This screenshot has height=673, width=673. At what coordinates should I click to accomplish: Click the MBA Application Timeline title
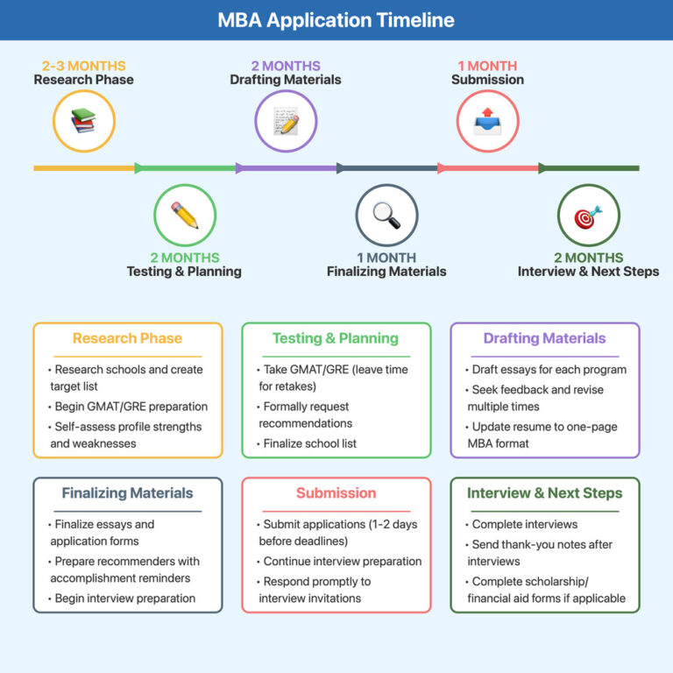[336, 20]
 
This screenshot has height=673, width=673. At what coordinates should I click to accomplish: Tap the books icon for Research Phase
[84, 120]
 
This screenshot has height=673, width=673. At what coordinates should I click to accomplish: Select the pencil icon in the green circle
[185, 215]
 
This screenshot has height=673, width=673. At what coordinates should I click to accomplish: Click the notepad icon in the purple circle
[286, 120]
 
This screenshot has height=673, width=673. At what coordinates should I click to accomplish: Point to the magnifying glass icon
[386, 215]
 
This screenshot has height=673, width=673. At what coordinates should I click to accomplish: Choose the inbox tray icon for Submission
[487, 120]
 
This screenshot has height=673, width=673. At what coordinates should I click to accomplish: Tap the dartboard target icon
[588, 215]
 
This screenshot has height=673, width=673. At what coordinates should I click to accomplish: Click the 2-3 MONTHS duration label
[84, 66]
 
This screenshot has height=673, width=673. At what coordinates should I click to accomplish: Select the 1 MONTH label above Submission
[487, 66]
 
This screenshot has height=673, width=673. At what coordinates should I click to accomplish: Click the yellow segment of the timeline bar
[84, 167]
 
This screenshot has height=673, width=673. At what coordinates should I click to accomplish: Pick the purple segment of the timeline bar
[286, 167]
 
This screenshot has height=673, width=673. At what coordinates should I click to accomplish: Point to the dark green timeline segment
[589, 167]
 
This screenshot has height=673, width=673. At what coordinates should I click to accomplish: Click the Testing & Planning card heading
[336, 338]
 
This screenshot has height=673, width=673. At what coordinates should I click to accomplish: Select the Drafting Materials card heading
[544, 338]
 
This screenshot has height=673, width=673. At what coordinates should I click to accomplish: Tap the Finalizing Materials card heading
[127, 492]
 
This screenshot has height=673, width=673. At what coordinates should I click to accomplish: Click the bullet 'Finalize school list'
[309, 443]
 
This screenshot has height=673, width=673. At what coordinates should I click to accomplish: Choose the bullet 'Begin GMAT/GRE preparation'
[131, 407]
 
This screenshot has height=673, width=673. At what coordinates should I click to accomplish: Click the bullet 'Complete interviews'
[524, 524]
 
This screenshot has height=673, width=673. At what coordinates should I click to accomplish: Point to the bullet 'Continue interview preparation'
[342, 561]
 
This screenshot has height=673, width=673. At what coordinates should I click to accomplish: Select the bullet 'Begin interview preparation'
[125, 599]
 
